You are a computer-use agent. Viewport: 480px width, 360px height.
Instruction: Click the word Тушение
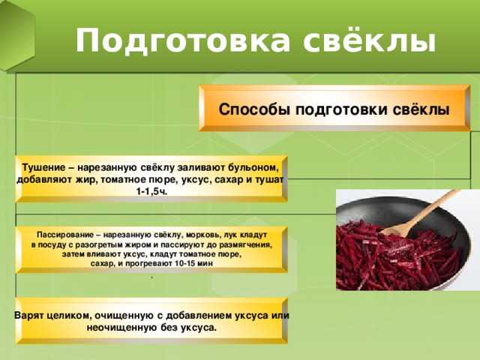click(43, 167)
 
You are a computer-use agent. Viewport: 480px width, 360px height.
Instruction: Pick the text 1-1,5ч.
click(151, 192)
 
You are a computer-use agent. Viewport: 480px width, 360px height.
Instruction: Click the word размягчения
click(247, 245)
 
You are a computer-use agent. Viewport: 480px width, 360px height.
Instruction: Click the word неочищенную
click(122, 328)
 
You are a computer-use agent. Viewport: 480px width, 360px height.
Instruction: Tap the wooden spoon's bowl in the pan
click(393, 229)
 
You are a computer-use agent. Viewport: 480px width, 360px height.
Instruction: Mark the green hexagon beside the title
click(16, 35)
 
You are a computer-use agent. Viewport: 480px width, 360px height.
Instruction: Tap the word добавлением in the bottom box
click(199, 316)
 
